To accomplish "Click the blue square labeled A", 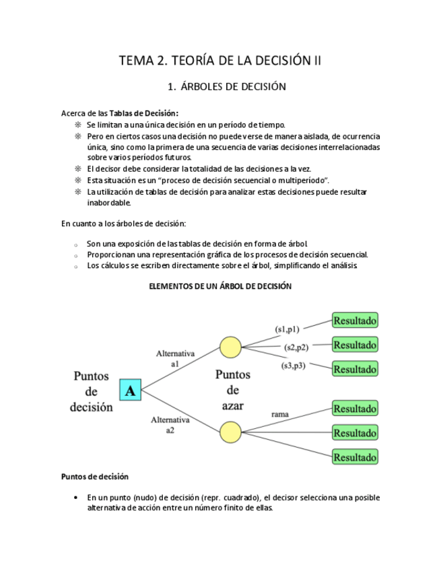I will tap(130, 390).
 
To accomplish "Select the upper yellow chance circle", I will tap(231, 347).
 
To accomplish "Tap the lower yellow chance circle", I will tap(231, 432).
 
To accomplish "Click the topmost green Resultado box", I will tap(355, 320).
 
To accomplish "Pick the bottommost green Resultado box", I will tap(355, 457).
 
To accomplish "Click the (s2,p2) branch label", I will tap(296, 347).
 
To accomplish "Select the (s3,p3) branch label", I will tap(293, 366).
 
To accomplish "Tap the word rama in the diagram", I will tap(280, 414).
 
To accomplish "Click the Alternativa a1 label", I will tap(175, 358).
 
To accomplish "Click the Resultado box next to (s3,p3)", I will tap(355, 369).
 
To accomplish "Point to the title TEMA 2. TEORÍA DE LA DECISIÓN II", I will tap(220, 60).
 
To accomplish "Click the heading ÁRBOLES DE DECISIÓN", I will tap(228, 87).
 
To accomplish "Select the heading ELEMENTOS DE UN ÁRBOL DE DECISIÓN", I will tap(219, 286).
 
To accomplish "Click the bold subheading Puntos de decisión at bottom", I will tap(94, 477).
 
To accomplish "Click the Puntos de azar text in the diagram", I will tap(232, 390).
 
